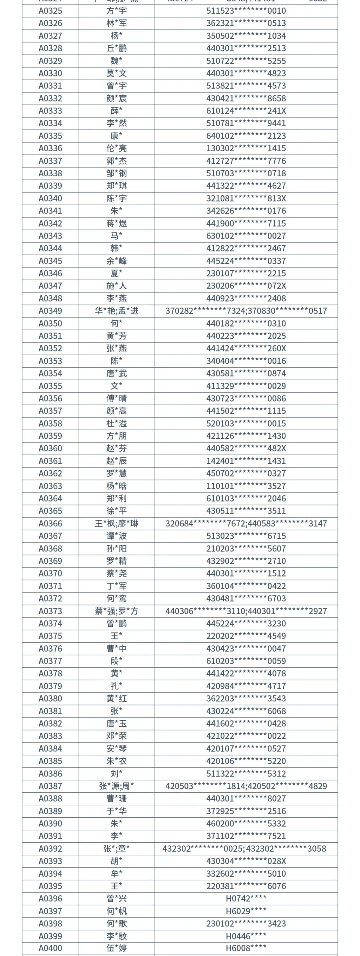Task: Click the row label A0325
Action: tap(50, 11)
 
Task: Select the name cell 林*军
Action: tap(116, 23)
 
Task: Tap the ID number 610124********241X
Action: tap(246, 111)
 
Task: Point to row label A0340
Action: tap(50, 199)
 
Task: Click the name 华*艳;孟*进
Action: tap(116, 311)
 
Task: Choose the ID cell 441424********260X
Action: tap(246, 349)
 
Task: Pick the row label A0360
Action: tap(50, 448)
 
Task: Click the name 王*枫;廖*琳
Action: tap(116, 523)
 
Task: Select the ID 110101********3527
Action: tap(246, 486)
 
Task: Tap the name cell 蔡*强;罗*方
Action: tap(116, 611)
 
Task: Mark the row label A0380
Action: tap(50, 698)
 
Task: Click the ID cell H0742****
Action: tap(246, 898)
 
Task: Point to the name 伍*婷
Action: tap(116, 948)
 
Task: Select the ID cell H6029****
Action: tap(246, 911)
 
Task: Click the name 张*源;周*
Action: tap(116, 786)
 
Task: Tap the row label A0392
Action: tap(50, 848)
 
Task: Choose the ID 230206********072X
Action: tap(246, 286)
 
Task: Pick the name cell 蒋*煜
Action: tap(116, 223)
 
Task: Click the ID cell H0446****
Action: tap(246, 936)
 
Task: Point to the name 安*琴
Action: tap(116, 748)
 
